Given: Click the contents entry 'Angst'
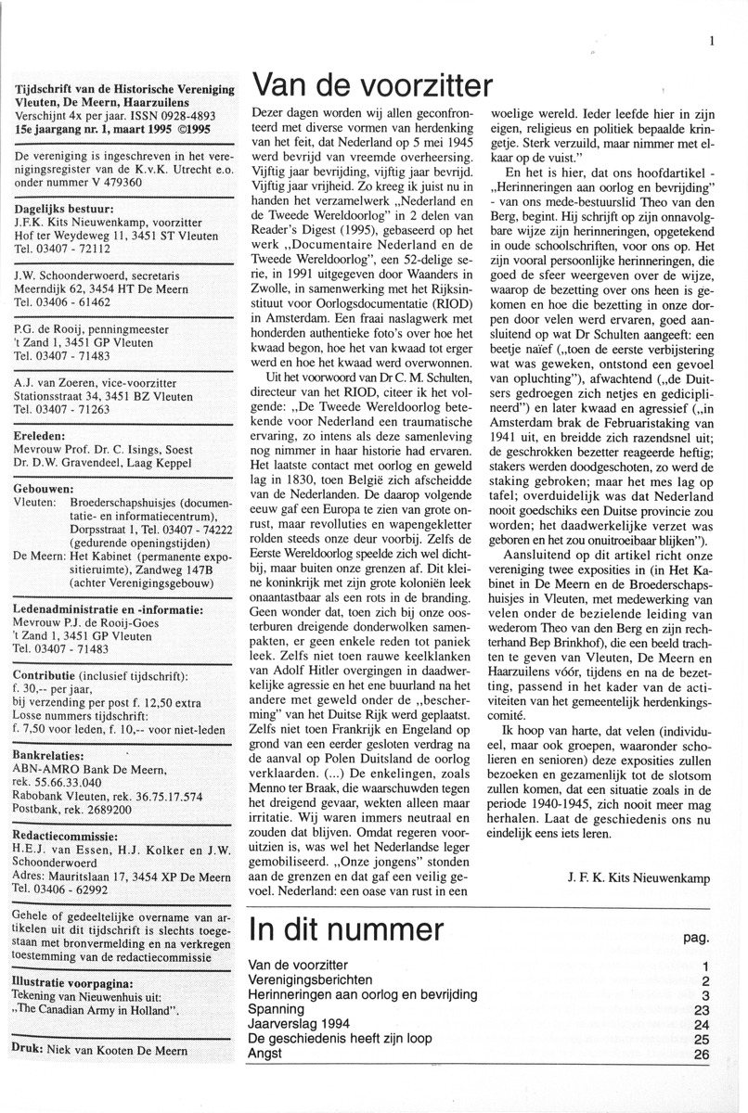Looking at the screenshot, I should [x=266, y=1054].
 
